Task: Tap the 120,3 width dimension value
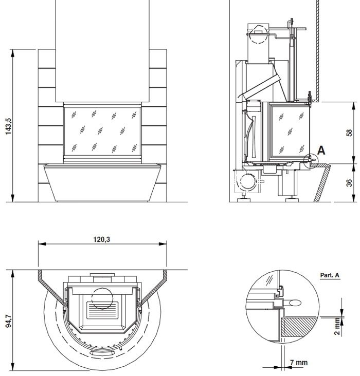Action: [101, 239]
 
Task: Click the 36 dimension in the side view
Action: [349, 183]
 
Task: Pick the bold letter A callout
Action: [321, 151]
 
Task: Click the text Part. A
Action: [330, 275]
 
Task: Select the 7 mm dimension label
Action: [298, 363]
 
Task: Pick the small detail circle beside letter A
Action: [311, 160]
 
